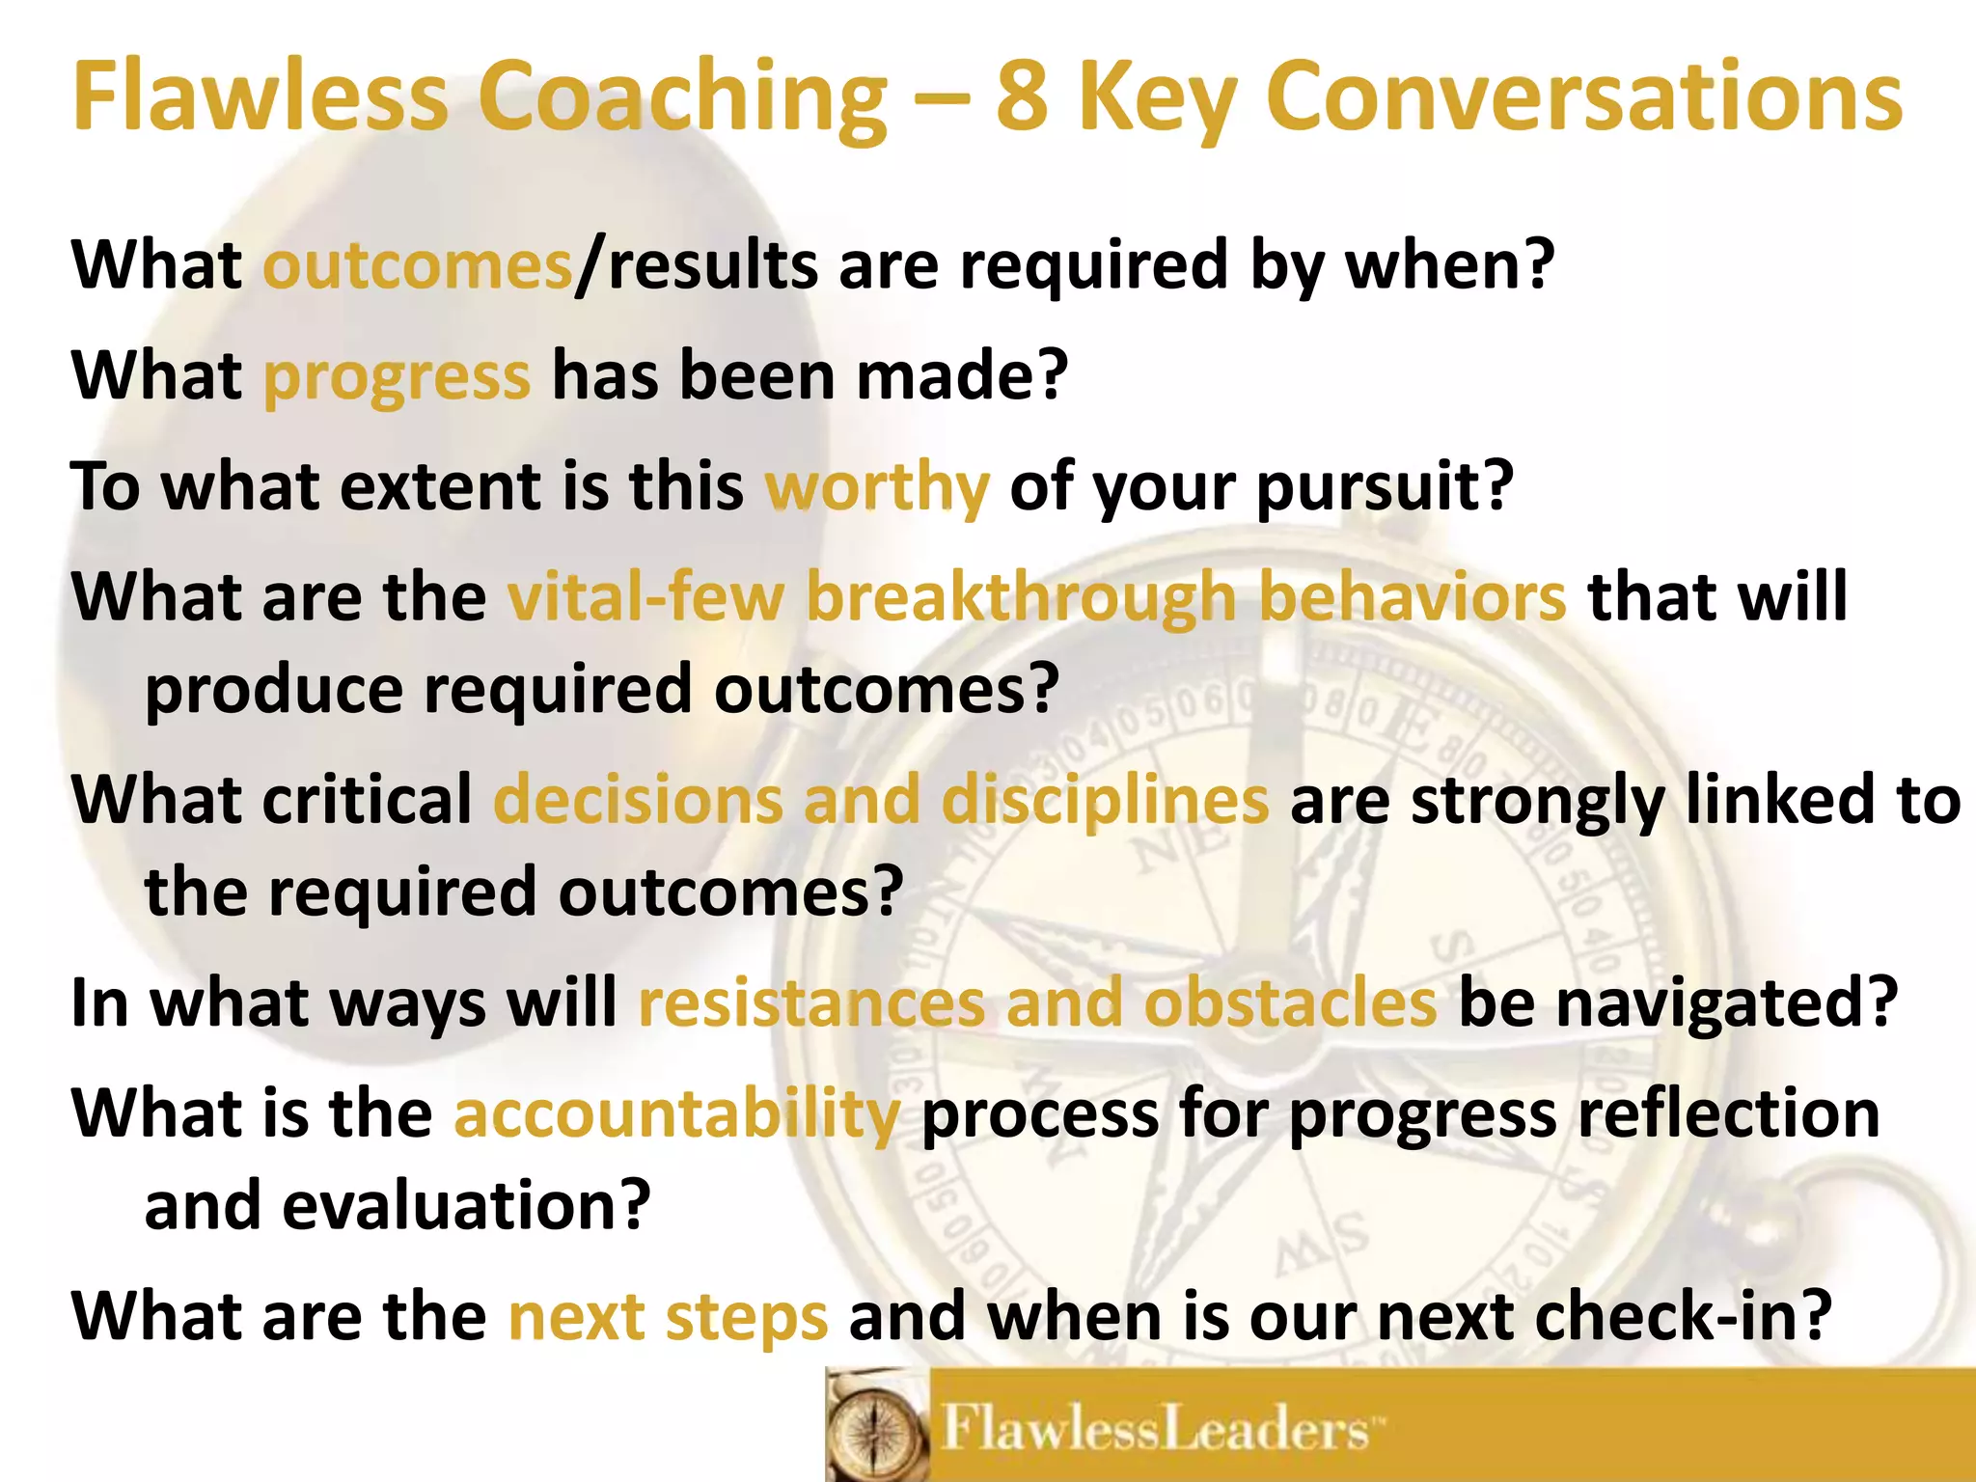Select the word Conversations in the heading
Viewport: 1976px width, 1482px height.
tap(1583, 96)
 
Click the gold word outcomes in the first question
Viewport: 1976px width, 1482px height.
tap(418, 265)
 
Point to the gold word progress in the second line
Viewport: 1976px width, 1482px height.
tap(397, 376)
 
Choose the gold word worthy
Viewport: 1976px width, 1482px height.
tap(877, 487)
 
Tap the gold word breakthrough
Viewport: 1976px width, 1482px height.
tap(1021, 597)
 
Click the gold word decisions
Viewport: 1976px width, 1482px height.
tap(638, 801)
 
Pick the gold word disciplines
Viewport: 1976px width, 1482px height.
tap(1105, 801)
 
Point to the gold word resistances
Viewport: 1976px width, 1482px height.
tap(811, 1003)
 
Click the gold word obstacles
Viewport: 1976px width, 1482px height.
tap(1290, 1003)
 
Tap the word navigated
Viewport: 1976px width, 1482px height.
tap(1727, 1003)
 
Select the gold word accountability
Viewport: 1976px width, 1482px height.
tap(676, 1114)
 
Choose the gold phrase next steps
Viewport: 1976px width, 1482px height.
tap(668, 1317)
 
